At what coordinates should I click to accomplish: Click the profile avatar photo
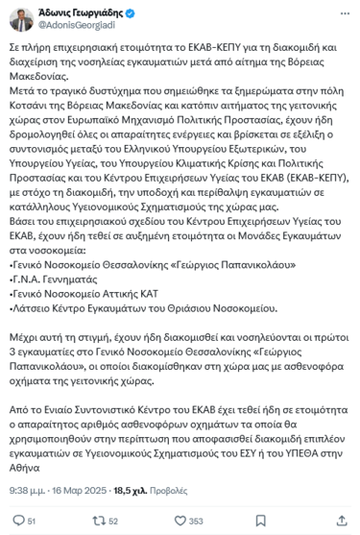coord(19,17)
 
